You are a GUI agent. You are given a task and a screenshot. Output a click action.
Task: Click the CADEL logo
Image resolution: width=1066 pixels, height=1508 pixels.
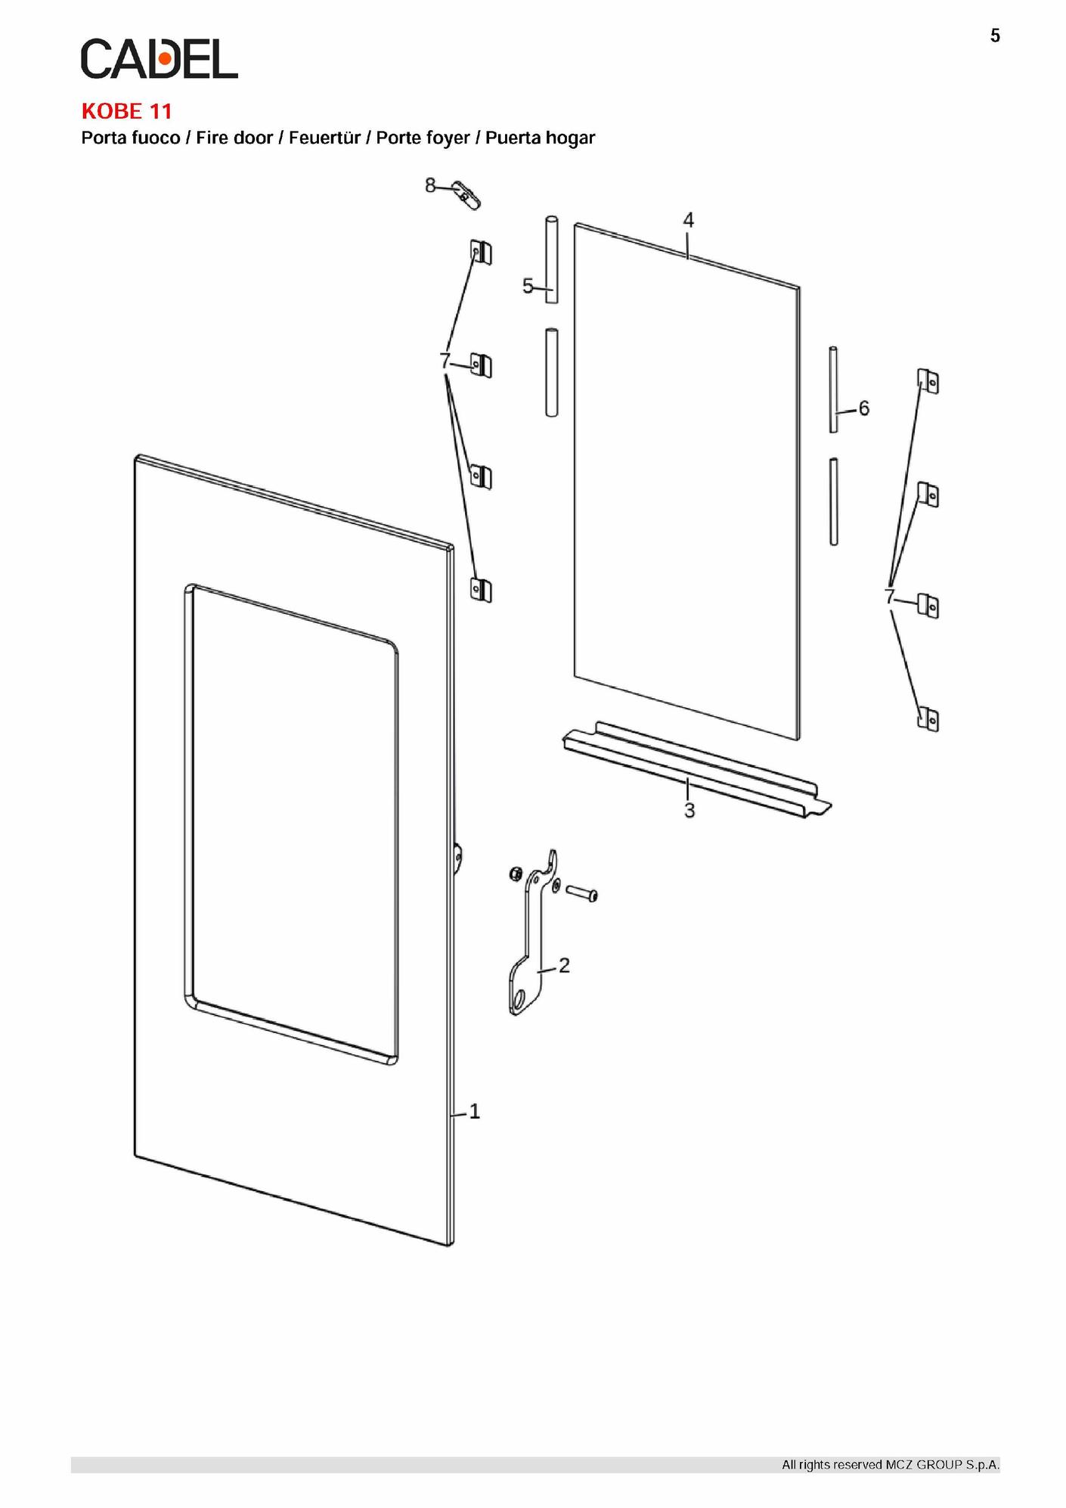click(160, 59)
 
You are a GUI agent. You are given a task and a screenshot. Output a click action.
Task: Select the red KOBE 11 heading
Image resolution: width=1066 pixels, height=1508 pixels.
click(127, 111)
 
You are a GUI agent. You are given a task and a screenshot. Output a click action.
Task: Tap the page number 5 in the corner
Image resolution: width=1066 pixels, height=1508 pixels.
click(995, 36)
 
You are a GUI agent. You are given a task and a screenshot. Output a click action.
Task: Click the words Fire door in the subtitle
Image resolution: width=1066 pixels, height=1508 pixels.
click(234, 138)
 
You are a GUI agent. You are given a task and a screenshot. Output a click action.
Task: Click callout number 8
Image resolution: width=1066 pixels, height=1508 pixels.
click(430, 185)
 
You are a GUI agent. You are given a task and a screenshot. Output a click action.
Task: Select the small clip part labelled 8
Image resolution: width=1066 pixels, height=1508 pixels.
click(466, 195)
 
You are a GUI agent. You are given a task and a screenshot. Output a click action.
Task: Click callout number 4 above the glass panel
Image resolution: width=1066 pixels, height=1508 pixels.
click(688, 220)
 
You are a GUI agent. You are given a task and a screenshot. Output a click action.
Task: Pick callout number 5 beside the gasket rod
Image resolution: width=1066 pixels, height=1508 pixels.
click(528, 286)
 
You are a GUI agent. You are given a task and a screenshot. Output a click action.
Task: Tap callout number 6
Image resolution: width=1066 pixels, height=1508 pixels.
click(863, 408)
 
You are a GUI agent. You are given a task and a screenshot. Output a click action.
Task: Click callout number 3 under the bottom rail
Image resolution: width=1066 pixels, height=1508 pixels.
click(689, 811)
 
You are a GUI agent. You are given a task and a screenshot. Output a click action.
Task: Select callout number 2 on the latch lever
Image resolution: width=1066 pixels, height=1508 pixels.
click(564, 965)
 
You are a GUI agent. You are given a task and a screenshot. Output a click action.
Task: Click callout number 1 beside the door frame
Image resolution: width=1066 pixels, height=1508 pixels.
click(475, 1111)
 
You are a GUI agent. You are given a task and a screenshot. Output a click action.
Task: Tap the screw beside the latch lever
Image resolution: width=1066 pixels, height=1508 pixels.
click(581, 893)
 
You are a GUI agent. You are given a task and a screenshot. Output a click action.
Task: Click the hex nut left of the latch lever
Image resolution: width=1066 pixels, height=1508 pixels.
click(514, 873)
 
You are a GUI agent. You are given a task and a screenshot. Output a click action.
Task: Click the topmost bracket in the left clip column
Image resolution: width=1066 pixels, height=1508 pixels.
click(480, 252)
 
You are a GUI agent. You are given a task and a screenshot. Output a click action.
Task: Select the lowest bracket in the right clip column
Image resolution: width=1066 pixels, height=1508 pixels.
click(928, 719)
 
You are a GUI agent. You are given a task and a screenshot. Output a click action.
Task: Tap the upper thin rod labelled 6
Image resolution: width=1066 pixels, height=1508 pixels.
click(833, 389)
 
